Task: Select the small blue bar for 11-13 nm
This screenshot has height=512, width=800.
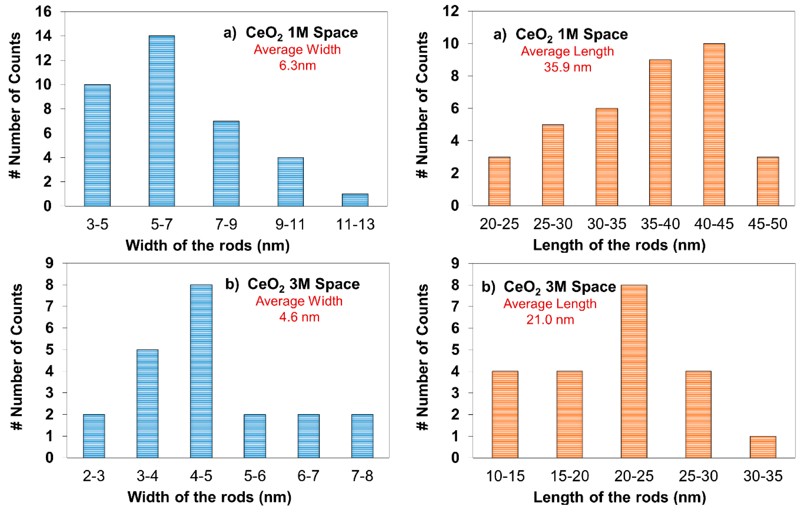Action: coord(355,200)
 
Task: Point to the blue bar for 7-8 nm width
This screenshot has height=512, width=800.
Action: coord(362,436)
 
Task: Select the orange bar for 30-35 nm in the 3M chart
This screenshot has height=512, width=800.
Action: coord(763,447)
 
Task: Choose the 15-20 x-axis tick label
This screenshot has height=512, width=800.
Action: coord(569,476)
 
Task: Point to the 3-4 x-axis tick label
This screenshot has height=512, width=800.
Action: coord(147,476)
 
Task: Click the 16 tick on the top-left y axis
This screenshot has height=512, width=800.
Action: coord(44,12)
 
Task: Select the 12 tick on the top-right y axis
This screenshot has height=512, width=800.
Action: coord(451,12)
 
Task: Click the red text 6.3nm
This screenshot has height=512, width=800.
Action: coord(297,66)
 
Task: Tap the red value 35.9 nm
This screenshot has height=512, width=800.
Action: coord(567,67)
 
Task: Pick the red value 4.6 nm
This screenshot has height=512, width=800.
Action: coord(299,317)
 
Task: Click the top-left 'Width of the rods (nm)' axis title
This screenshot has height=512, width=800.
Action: coord(208,246)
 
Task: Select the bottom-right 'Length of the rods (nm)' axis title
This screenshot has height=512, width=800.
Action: coord(619,497)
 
